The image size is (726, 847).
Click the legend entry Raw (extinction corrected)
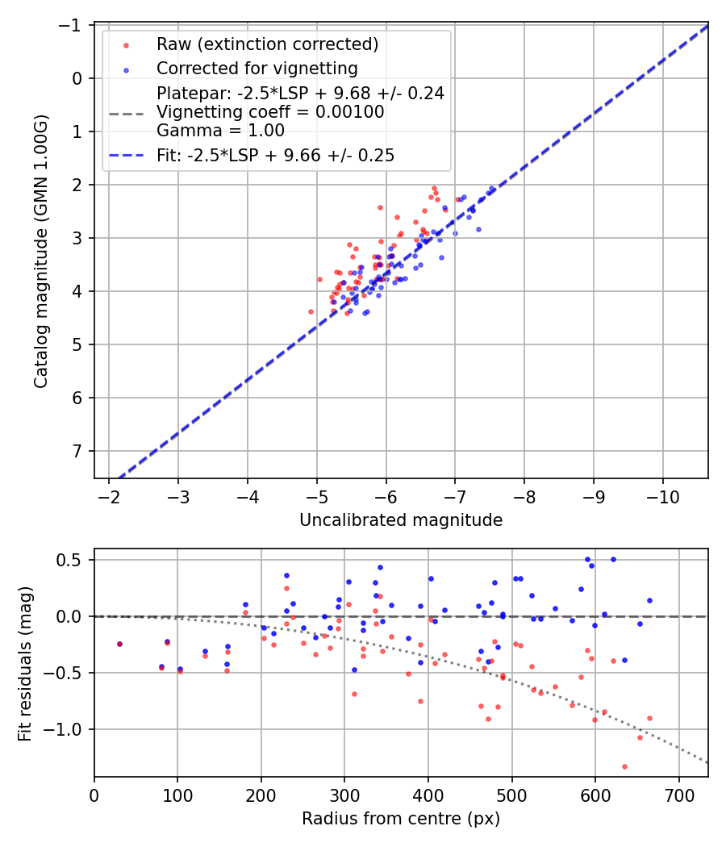pos(267,44)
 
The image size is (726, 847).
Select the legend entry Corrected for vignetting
pos(257,68)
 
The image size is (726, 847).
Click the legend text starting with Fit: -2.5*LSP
pos(275,156)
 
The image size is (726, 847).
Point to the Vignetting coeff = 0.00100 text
pos(270,112)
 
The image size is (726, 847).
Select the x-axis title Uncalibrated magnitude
pos(401,520)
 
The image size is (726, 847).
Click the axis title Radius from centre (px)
pos(401,819)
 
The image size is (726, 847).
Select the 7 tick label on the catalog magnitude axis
pos(78,451)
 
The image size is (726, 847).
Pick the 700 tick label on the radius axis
pos(678,796)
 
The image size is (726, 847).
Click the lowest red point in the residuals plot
pos(624,766)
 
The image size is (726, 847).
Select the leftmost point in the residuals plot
pos(119,644)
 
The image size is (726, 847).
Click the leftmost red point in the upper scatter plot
pos(311,311)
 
